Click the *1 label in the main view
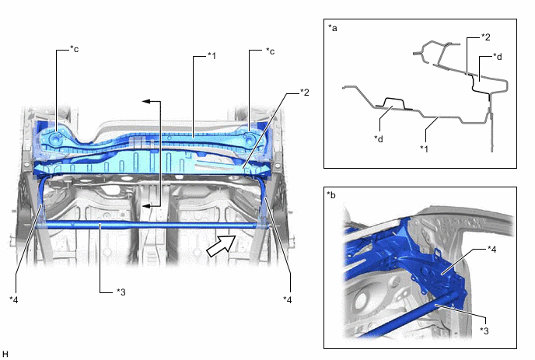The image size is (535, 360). pyautogui.click(x=212, y=56)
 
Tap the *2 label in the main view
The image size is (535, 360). pyautogui.click(x=304, y=93)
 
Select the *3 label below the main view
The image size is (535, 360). pyautogui.click(x=121, y=292)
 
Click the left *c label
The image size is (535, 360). pyautogui.click(x=74, y=49)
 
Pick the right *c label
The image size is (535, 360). pyautogui.click(x=270, y=51)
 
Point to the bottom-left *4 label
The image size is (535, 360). pyautogui.click(x=14, y=299)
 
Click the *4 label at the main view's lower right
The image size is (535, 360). pyautogui.click(x=287, y=299)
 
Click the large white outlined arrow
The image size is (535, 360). pyautogui.click(x=221, y=246)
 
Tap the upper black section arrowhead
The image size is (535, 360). pyautogui.click(x=147, y=101)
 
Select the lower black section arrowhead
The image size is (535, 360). pyautogui.click(x=147, y=206)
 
